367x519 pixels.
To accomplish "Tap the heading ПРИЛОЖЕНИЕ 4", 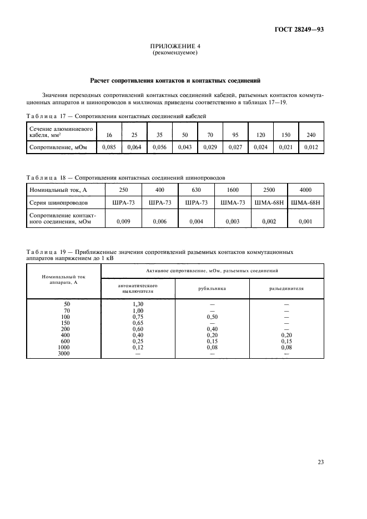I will point(175,47).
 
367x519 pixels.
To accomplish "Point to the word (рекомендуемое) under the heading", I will point(175,53).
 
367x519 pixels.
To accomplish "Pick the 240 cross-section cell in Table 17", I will point(311,135).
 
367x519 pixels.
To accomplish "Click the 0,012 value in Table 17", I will point(311,147).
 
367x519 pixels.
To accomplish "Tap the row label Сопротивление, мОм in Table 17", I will point(53,147).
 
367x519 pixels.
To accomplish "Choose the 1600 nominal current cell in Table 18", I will point(233,190).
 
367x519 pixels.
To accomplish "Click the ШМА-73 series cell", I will point(233,203).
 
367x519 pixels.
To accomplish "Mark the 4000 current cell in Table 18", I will point(305,190).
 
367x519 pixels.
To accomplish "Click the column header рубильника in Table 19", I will point(212,288).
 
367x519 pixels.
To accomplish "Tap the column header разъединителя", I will point(286,288).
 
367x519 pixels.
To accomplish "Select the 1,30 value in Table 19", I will point(138,304).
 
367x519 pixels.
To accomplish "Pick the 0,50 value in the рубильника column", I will point(212,317).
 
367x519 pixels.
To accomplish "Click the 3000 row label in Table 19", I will point(64,353).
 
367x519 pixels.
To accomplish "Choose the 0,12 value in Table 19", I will point(138,347).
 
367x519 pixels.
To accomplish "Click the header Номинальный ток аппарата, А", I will point(64,278).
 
